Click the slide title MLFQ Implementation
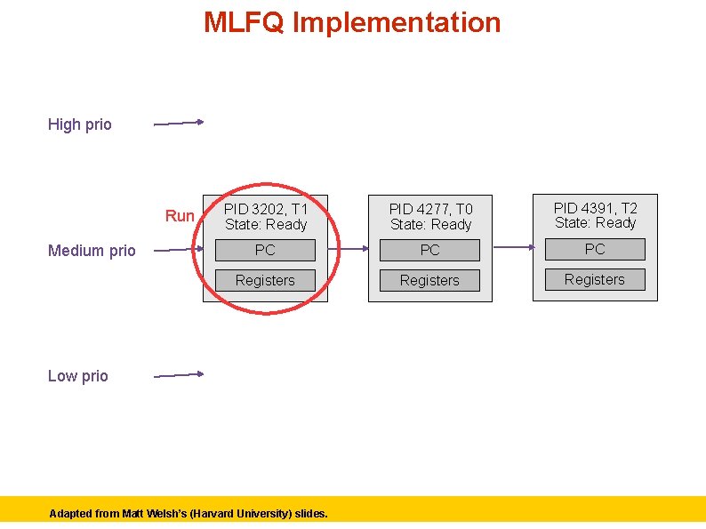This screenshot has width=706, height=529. (352, 22)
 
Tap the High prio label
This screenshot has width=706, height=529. (80, 124)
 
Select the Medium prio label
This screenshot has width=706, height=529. (92, 251)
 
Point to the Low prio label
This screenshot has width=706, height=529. (78, 376)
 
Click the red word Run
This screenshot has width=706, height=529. (180, 216)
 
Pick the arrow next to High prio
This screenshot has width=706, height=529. (179, 124)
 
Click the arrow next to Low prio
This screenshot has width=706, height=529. (179, 375)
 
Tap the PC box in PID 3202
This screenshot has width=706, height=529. (265, 250)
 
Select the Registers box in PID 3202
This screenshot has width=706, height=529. (265, 280)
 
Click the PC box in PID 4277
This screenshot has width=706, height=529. (429, 250)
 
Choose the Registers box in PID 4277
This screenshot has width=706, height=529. (429, 280)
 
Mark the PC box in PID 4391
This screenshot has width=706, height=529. (595, 249)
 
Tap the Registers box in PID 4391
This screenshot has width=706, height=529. (595, 279)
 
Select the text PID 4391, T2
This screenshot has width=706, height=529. (596, 208)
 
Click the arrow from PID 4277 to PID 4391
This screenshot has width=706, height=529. (512, 247)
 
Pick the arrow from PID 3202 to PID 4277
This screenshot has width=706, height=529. (349, 249)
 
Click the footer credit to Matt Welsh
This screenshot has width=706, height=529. (189, 513)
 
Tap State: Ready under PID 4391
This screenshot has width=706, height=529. (596, 223)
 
